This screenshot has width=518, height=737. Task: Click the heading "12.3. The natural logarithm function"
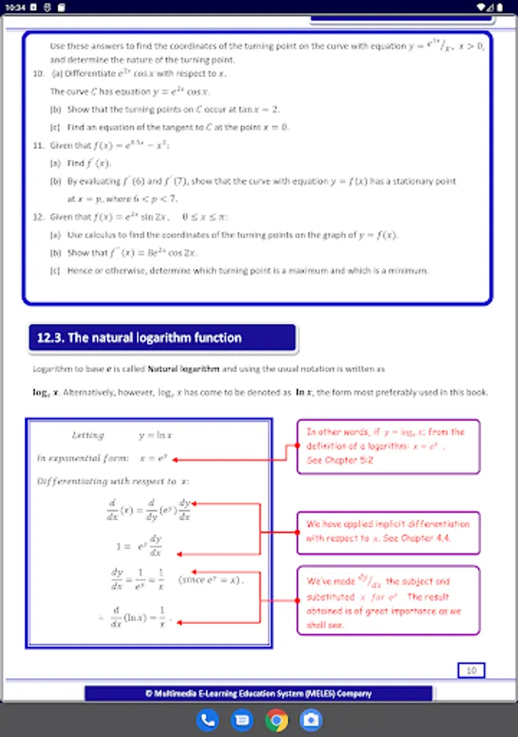[139, 337]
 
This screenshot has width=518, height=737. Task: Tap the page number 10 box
[471, 671]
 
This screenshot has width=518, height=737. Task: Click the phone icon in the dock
[208, 721]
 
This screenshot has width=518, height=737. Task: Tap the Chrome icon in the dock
[277, 721]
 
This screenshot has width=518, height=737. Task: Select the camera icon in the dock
[311, 721]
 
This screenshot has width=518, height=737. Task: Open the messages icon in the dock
[242, 721]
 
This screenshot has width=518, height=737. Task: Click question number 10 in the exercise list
[38, 75]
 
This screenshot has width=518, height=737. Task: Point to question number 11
[38, 146]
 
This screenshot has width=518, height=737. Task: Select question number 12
[38, 217]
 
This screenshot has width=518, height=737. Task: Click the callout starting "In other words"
[387, 445]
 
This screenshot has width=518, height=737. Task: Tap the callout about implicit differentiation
[387, 532]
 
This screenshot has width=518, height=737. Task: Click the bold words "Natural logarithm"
[184, 369]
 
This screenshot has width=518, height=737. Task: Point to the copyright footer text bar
[258, 694]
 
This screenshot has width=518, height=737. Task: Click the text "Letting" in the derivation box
[88, 436]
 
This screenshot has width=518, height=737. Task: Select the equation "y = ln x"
[160, 436]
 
